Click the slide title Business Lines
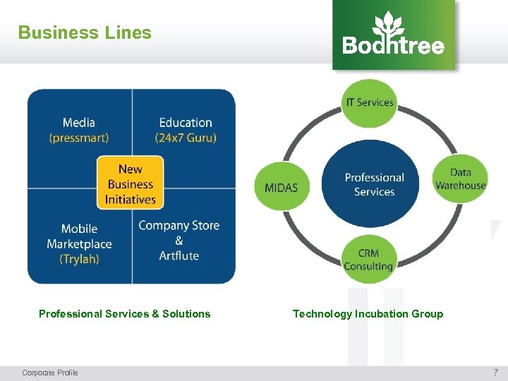coord(85,32)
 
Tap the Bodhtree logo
coord(394,35)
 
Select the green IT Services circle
coord(369,102)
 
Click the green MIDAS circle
coord(281,187)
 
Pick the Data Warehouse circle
coord(460,179)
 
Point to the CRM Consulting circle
coord(368,259)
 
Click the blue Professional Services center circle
coord(374,184)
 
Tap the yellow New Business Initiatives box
coord(130,183)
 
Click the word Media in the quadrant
coord(78,123)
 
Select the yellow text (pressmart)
coord(79,138)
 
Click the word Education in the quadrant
coord(186,123)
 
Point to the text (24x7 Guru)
coord(186,138)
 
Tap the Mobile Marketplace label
coord(79,236)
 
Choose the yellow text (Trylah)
coord(79,259)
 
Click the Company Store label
coord(179,226)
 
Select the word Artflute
coord(179,255)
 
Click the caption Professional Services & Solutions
coord(124,314)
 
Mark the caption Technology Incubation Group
coord(368,314)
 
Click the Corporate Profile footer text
coord(50,373)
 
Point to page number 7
coord(495,372)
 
